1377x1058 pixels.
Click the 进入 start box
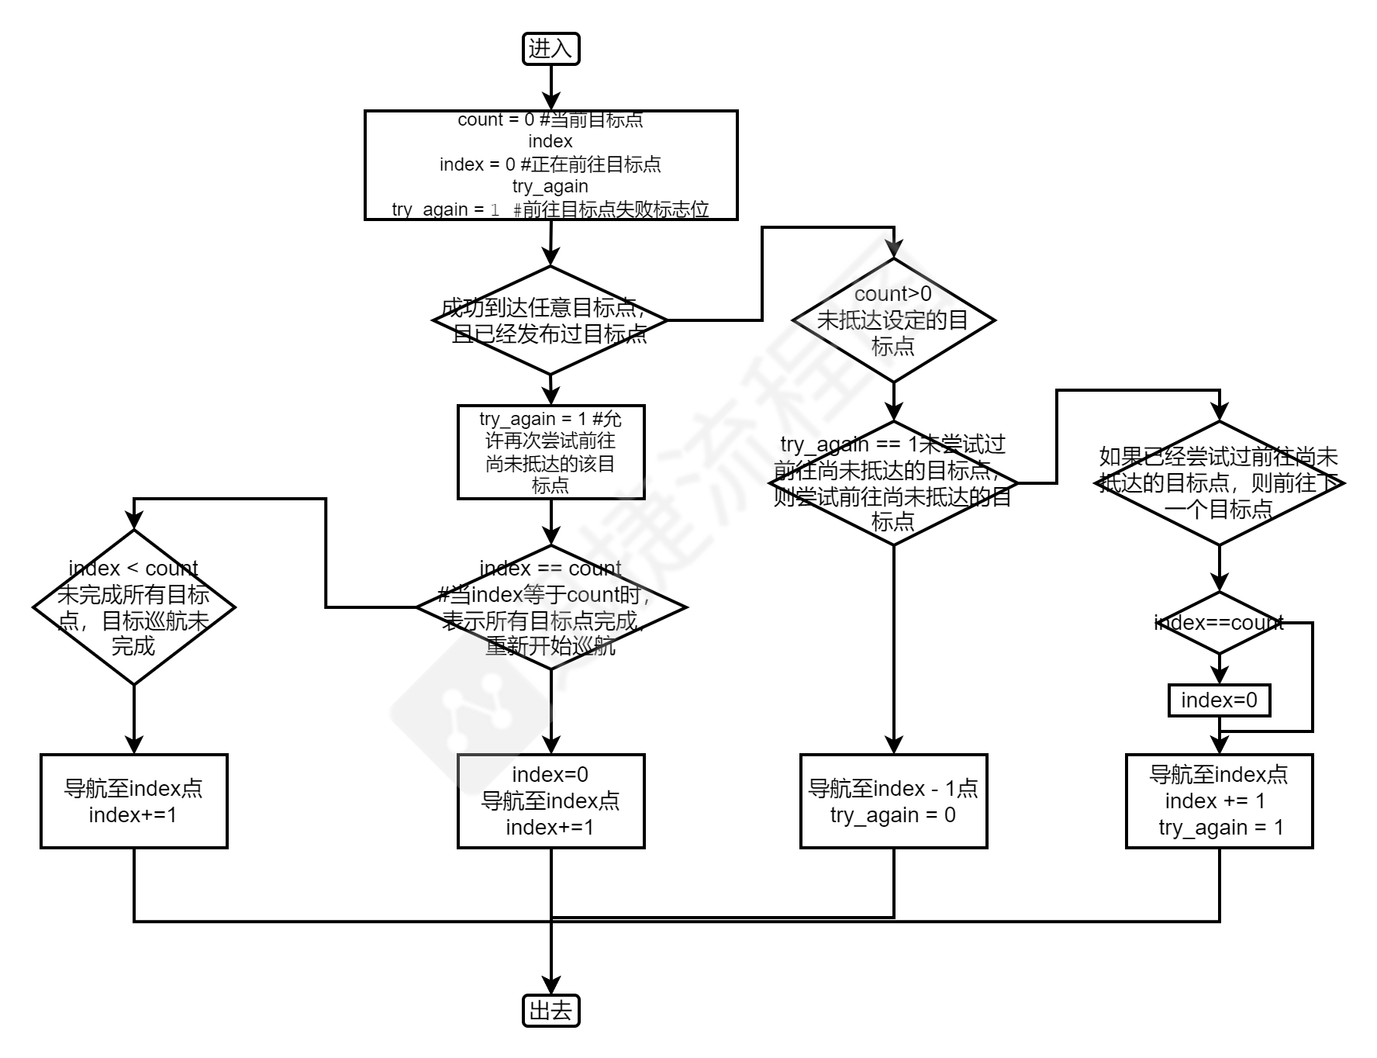coord(550,49)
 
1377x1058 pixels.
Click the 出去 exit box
coord(550,1010)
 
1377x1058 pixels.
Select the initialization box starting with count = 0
coord(550,165)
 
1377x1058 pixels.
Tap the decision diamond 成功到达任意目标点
coord(550,320)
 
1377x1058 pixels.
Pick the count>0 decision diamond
coord(893,320)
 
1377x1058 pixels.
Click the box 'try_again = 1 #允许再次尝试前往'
coord(550,452)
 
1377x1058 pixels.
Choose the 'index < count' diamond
coord(133,607)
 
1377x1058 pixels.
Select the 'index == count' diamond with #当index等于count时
coord(550,607)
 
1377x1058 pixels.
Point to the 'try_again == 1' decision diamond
coord(893,483)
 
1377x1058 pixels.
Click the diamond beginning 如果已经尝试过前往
coord(1219,483)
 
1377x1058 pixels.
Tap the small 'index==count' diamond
coord(1219,623)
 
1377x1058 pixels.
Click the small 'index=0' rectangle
coord(1219,700)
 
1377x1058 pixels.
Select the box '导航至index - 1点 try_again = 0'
coord(893,801)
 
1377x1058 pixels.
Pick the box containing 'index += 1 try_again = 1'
coord(1219,801)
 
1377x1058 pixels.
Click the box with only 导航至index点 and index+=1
coord(133,801)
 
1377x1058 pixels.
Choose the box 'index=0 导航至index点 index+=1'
coord(550,801)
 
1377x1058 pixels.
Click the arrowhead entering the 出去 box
coord(550,986)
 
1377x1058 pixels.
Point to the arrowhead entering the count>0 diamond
coord(893,249)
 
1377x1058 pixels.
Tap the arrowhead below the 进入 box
coord(550,102)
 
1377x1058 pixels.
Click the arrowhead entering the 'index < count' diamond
coord(133,520)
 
